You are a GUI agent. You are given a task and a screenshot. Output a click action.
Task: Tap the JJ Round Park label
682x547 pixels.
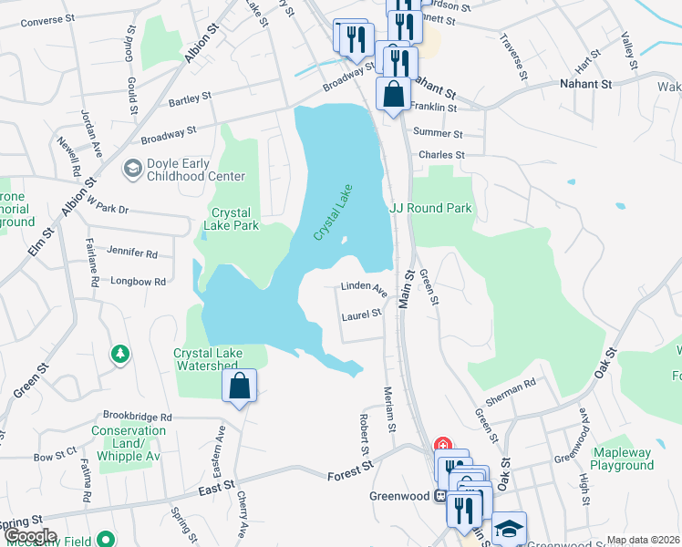click(x=431, y=208)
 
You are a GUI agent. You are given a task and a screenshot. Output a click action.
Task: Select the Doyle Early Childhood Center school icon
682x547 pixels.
click(x=132, y=168)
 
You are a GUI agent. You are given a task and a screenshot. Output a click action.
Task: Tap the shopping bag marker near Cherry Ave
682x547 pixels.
click(x=239, y=386)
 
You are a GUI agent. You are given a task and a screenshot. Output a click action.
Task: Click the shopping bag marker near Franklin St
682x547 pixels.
click(x=393, y=95)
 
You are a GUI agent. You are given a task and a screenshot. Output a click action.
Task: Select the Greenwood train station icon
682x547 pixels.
click(x=440, y=497)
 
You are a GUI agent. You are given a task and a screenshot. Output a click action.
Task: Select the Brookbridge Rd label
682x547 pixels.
click(x=138, y=416)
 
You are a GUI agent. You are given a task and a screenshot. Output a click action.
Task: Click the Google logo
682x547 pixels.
click(x=30, y=536)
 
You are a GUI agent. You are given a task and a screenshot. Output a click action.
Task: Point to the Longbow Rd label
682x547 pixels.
click(x=137, y=282)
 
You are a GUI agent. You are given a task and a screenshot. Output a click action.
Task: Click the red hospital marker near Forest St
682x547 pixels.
click(x=442, y=446)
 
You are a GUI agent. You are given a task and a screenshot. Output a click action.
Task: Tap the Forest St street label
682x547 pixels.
click(x=351, y=470)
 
